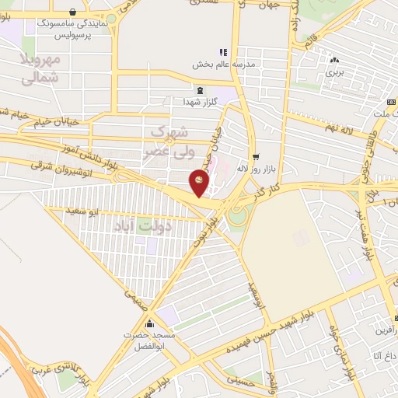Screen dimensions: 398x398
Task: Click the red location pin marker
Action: [x=199, y=183]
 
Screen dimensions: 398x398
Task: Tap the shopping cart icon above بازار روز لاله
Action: [x=255, y=155]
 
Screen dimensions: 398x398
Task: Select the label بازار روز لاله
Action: [x=257, y=168]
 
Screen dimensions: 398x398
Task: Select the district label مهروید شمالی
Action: [x=39, y=69]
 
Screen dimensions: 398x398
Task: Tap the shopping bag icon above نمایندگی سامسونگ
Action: [x=72, y=12]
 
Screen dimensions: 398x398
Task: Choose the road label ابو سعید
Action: [x=82, y=211]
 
